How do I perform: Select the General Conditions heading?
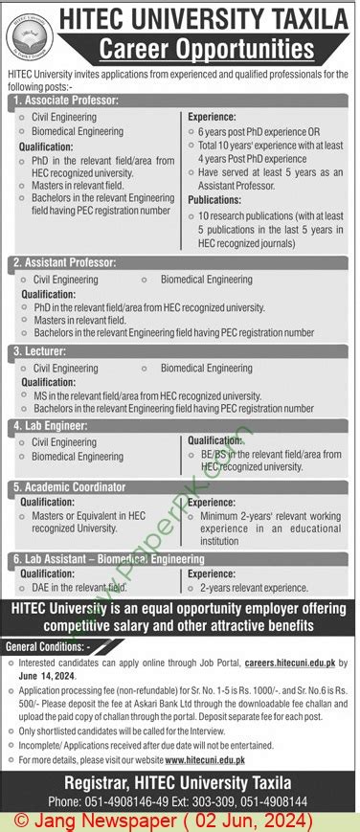pos(48,647)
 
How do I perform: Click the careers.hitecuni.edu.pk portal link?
pos(293,662)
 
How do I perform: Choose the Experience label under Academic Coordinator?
pos(212,502)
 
